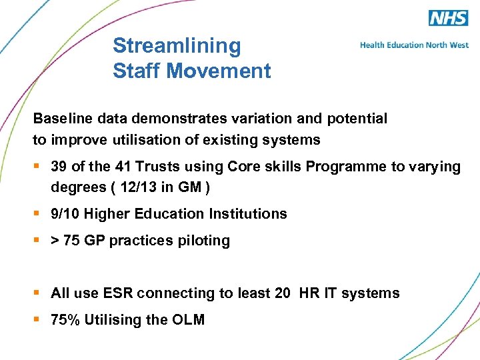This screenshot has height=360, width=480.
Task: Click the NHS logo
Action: (448, 18)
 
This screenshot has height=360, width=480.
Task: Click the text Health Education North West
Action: (414, 45)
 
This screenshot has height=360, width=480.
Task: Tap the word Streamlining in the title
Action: (177, 45)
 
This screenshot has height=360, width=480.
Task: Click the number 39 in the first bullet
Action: (59, 167)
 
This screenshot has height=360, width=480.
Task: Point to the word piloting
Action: (203, 241)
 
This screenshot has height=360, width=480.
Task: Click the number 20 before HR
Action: (283, 293)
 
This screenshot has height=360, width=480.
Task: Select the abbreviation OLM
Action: (188, 320)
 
